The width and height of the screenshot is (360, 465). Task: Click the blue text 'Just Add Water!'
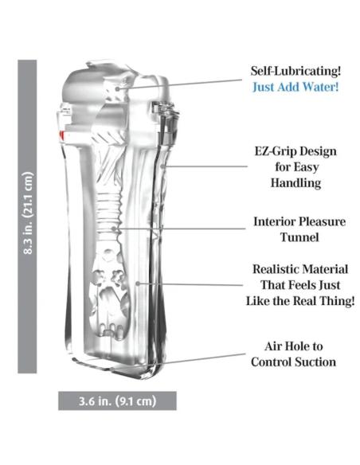tap(295, 88)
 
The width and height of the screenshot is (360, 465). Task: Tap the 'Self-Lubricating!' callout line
tap(180, 84)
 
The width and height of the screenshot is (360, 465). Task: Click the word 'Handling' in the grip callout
tap(295, 182)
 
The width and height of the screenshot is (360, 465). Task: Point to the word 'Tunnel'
tap(299, 237)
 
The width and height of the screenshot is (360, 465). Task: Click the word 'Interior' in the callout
tap(274, 221)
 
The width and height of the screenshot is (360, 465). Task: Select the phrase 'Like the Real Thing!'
tap(300, 301)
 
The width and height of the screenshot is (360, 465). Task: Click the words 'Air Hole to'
tap(294, 346)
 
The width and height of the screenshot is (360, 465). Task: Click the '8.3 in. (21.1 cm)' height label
tap(28, 213)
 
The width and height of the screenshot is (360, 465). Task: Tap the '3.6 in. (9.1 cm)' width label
tap(117, 401)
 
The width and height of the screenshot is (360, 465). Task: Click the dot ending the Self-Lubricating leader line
tap(118, 88)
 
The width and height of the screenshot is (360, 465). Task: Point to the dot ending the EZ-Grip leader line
tap(162, 166)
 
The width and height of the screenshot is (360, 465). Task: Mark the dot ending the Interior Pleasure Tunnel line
tap(114, 229)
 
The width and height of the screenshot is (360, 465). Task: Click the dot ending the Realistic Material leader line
tap(138, 283)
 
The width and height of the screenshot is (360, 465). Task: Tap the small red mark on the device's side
tap(61, 135)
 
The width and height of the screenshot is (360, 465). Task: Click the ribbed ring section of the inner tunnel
tap(109, 208)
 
